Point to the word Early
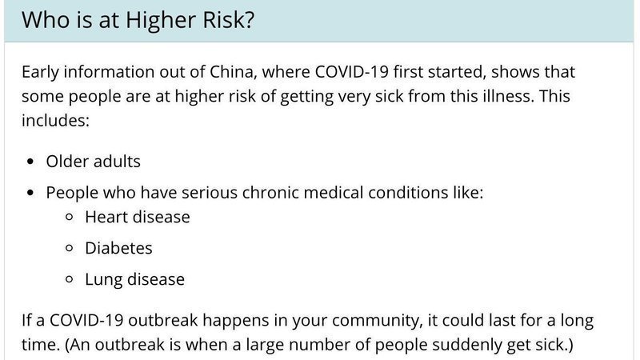[x=41, y=72]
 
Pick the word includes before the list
[x=55, y=121]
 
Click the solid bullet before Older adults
[x=30, y=162]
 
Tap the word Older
[x=68, y=162]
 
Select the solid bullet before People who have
[x=30, y=193]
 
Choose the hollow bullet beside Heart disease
[x=69, y=217]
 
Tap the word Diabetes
[x=118, y=248]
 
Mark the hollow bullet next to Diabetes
[x=69, y=248]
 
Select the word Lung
[x=104, y=279]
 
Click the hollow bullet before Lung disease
[x=69, y=279]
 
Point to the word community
[x=376, y=321]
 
